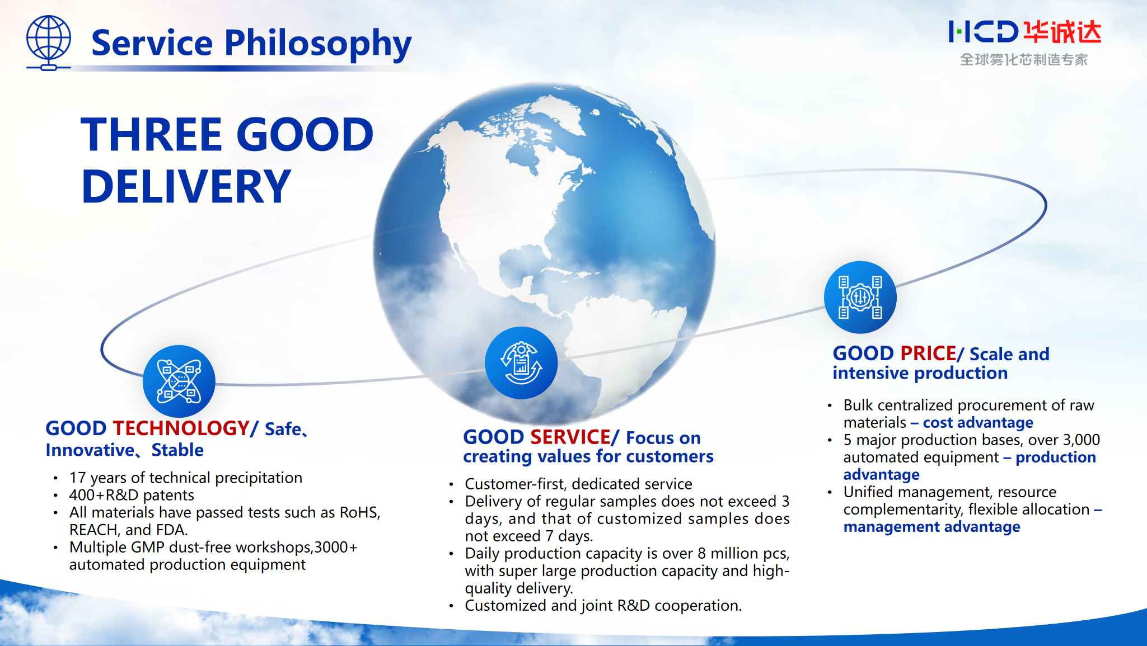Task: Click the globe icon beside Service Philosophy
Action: coord(49,43)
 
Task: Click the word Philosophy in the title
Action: coord(317,44)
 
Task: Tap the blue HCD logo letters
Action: coord(983,32)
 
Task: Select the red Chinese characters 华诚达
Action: coord(1062,32)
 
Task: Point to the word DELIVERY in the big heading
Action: coord(186,186)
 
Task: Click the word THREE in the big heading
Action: coord(152,135)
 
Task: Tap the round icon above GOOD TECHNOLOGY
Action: coord(179,381)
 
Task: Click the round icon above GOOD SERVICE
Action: coord(521,363)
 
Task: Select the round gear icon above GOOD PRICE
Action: coord(860,298)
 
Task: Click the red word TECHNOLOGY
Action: coord(181,428)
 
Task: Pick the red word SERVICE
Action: coord(570,437)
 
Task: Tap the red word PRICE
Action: coord(928,353)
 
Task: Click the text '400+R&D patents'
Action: coord(132,495)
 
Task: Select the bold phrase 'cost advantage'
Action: coord(978,422)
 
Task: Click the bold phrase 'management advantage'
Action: coord(931,527)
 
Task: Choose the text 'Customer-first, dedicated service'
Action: coord(578,484)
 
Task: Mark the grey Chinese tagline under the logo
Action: coord(1024,60)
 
